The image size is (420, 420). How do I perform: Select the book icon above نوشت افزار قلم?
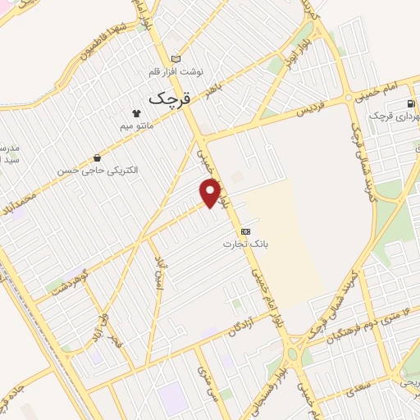(x=176, y=59)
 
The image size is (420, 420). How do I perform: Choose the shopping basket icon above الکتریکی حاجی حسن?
(x=98, y=157)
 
